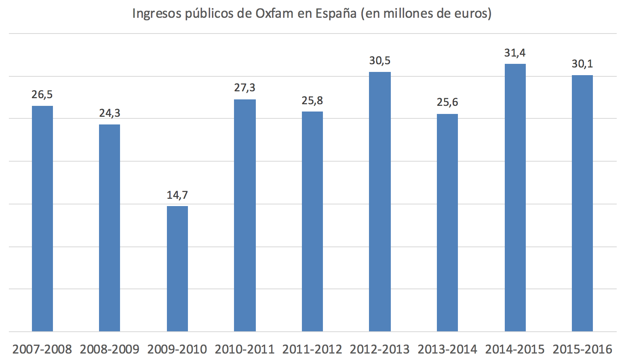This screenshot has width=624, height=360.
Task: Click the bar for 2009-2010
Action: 177,269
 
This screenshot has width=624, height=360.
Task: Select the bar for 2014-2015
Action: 515,198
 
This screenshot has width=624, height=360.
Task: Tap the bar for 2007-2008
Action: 42,219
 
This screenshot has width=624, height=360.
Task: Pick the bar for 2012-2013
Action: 380,202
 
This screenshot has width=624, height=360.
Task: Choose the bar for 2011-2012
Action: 312,221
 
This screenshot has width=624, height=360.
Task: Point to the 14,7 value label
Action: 177,195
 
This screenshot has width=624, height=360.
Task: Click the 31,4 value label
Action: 515,53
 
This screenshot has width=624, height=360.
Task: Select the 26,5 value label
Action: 42,95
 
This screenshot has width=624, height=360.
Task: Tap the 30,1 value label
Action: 582,64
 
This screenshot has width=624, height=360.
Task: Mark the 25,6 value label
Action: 447,102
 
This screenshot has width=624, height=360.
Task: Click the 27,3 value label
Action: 245,88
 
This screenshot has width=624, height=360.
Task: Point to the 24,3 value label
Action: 110,113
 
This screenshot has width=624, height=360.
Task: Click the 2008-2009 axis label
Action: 110,349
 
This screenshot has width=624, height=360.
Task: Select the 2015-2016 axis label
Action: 582,349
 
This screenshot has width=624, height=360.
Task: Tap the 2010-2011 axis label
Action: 245,349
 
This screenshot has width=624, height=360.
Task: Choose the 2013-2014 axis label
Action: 447,349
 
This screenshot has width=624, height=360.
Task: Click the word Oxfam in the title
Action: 275,13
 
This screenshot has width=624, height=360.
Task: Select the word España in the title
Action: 336,13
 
